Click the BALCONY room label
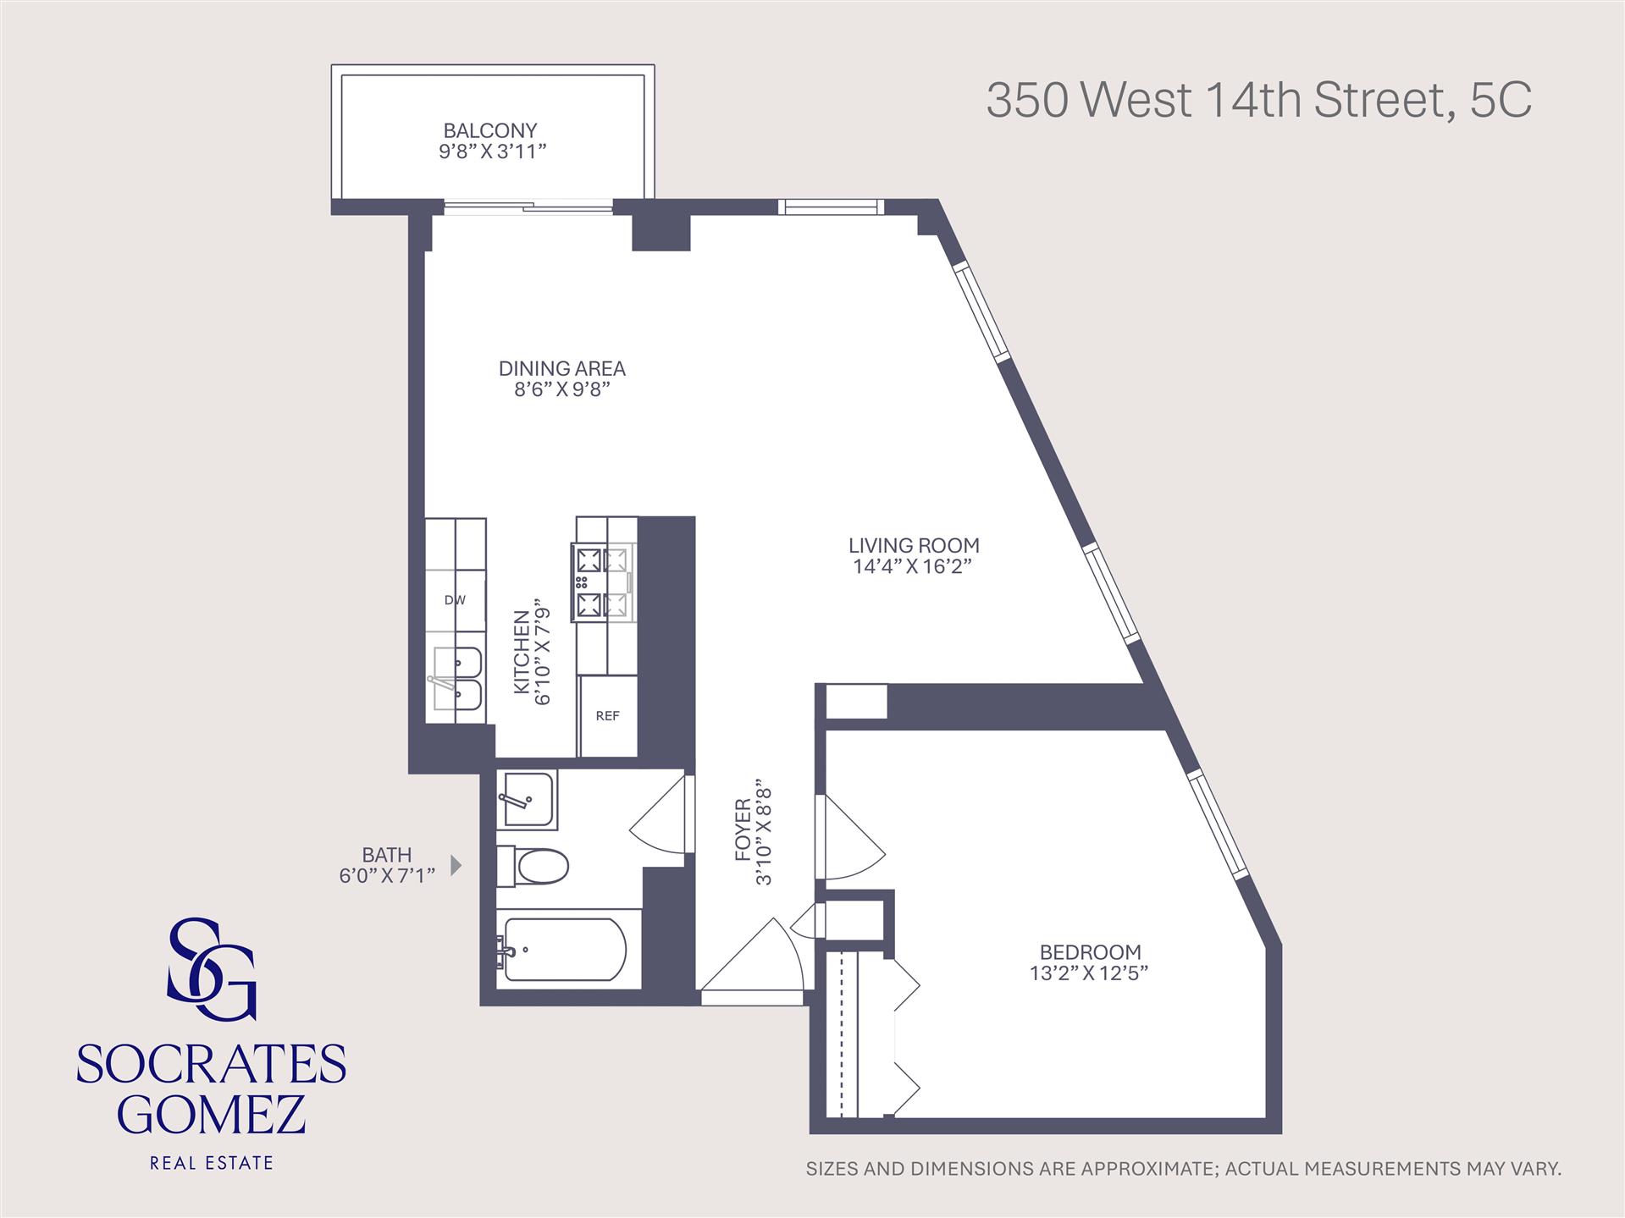[489, 130]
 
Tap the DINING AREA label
[561, 369]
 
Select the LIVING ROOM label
[914, 546]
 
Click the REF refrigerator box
[607, 716]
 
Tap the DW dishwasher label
[455, 600]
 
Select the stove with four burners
[602, 582]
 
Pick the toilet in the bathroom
[533, 865]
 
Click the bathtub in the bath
[563, 950]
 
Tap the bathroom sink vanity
[527, 799]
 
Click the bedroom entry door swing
[850, 838]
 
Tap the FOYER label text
[742, 829]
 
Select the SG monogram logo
[211, 968]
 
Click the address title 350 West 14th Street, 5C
[1258, 101]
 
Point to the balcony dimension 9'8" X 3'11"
[491, 152]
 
